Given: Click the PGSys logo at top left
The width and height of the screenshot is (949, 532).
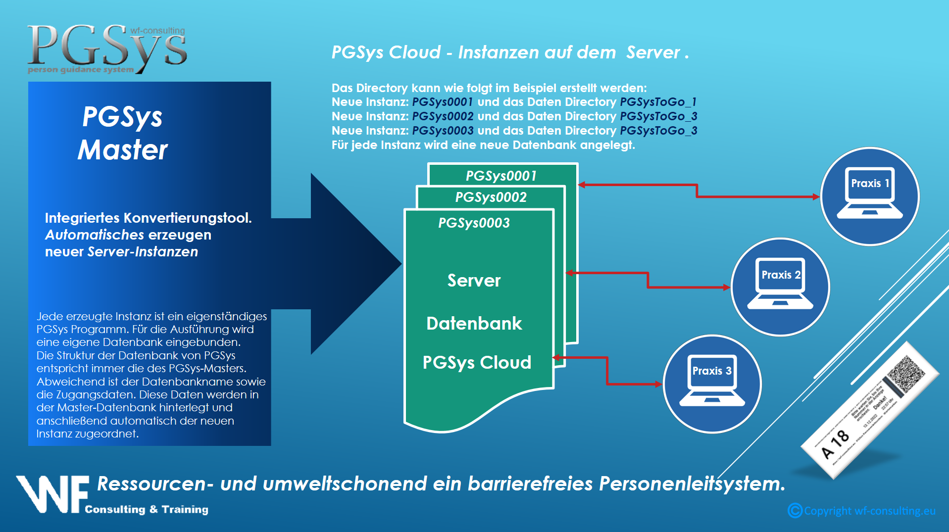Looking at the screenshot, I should (x=107, y=48).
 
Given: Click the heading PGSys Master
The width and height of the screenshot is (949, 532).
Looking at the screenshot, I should (x=123, y=133).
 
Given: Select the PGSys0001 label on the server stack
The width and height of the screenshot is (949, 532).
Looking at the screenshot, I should (x=501, y=176).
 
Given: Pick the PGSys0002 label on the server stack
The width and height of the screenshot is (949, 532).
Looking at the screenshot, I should (x=491, y=197).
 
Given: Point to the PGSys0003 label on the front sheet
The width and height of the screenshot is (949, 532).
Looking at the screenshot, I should (x=474, y=223).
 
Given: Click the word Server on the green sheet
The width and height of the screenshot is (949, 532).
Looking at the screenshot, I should (x=474, y=281).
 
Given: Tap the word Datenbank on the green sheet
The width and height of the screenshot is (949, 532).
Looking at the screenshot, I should (x=474, y=323).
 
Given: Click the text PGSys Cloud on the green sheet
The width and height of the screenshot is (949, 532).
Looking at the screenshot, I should (x=476, y=362).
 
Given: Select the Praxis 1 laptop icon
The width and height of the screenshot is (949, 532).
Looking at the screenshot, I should (x=870, y=193).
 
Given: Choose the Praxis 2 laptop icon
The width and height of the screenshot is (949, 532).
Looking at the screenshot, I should (x=780, y=284).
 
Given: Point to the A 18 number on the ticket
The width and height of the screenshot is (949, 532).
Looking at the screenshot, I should (x=835, y=444).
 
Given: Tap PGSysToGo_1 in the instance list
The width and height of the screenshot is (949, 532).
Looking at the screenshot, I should (x=658, y=102).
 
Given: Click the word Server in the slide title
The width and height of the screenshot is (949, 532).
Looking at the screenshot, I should (x=653, y=52).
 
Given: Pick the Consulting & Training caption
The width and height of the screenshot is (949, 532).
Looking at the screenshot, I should (x=147, y=509).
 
